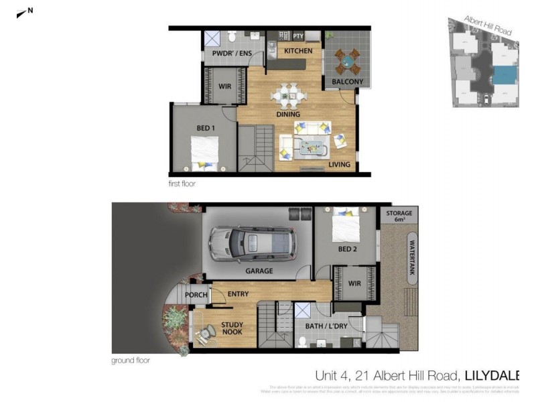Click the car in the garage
coord(252,244)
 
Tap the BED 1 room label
coord(206,128)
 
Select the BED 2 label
coord(348,250)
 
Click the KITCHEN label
coord(298,51)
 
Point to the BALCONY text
coord(348,82)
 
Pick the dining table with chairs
coord(289,95)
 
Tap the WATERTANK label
coord(411,259)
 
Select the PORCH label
coord(196,295)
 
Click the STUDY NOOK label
coord(232,329)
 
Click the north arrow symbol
coord(25,11)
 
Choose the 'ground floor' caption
coord(131,360)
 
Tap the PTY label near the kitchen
coord(298,36)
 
